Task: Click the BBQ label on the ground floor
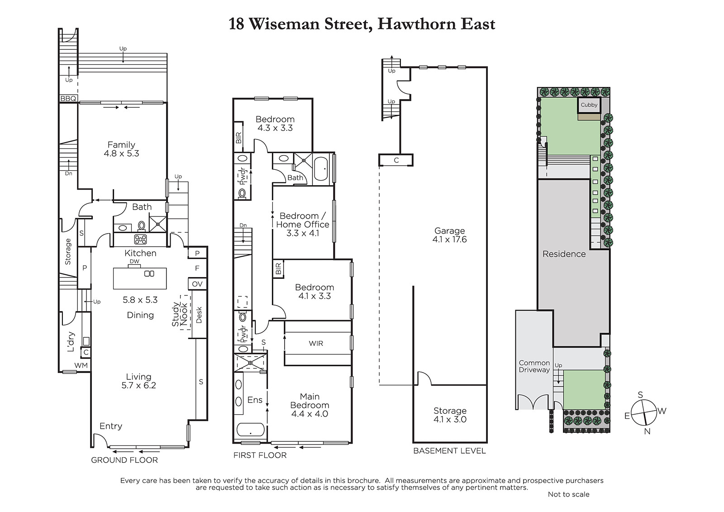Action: [x=68, y=98]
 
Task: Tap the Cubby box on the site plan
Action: [x=589, y=105]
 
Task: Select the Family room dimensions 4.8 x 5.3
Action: [x=121, y=153]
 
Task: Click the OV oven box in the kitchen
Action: [x=197, y=284]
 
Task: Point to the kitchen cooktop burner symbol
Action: [x=141, y=239]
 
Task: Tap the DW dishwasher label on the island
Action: [x=134, y=261]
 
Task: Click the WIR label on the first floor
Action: [x=316, y=343]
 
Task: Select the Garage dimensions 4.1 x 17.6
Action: [x=449, y=239]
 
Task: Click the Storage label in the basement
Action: [x=450, y=411]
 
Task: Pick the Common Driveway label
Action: [x=534, y=366]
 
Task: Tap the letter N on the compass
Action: [x=647, y=431]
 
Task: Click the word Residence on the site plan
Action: [x=564, y=254]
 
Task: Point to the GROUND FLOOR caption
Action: [x=124, y=460]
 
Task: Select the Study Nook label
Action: [x=179, y=314]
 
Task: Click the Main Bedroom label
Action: [x=310, y=401]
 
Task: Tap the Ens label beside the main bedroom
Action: [x=255, y=400]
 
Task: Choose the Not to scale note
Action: [x=568, y=494]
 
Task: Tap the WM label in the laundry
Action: [x=81, y=365]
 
